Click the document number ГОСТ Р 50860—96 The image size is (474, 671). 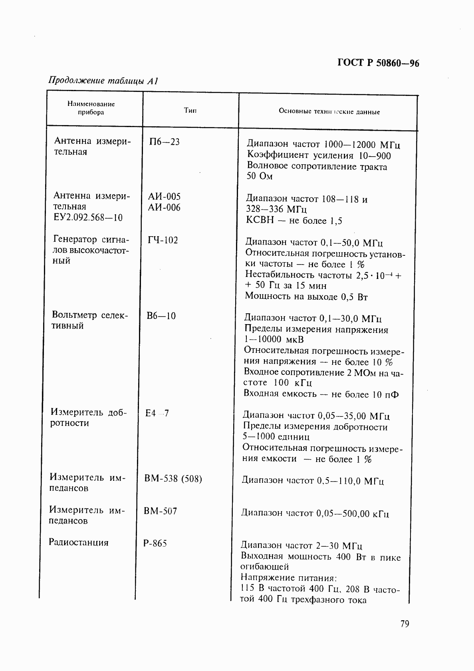378,63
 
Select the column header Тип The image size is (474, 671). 190,110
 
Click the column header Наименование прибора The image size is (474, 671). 91,108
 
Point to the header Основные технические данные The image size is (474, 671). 329,112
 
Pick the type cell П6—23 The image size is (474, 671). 164,141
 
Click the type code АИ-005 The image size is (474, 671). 164,196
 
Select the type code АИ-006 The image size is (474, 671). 164,207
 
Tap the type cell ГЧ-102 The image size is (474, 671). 163,240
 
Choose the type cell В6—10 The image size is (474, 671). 161,316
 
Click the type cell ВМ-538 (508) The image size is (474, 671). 173,478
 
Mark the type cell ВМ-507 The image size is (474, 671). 161,511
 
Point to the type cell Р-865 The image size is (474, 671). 155,543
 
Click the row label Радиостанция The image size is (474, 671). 79,542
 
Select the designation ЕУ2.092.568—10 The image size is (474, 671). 88,217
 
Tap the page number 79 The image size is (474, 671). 405,624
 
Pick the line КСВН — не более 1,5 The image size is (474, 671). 294,221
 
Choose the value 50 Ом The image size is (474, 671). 260,176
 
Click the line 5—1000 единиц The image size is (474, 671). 276,437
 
